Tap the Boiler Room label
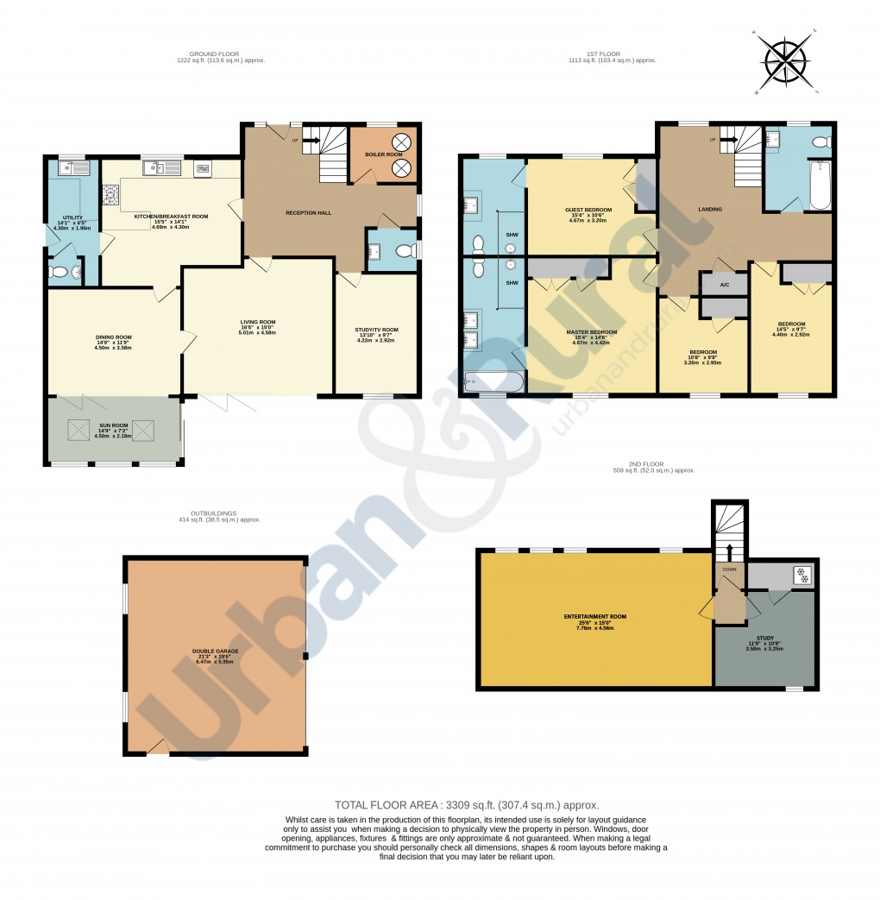[x=382, y=154]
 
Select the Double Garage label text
[x=216, y=651]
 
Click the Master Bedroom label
[x=591, y=332]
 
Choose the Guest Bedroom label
[x=588, y=211]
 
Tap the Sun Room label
[x=114, y=425]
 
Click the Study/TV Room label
[x=376, y=330]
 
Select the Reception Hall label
[x=309, y=212]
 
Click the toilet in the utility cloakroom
[x=60, y=273]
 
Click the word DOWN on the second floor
[x=729, y=570]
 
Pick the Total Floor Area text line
[x=467, y=804]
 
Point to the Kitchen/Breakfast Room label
[x=171, y=217]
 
